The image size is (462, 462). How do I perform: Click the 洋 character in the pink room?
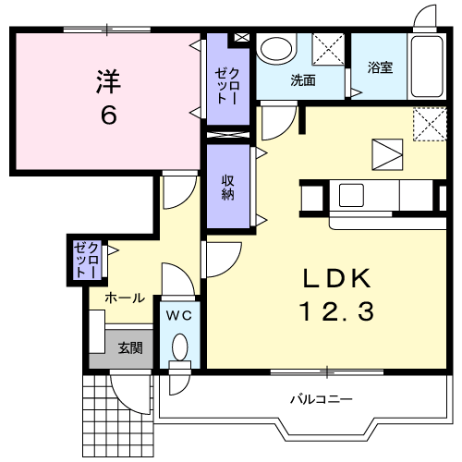107,81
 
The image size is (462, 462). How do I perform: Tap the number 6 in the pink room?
107,115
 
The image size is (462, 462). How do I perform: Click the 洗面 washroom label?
303,80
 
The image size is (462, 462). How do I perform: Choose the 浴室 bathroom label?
381,67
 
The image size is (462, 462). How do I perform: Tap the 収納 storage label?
227,188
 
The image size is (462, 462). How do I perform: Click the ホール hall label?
123,298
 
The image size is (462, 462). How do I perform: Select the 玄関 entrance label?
129,348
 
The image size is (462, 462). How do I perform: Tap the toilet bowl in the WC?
179,348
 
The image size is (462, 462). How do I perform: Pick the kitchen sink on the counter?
352,196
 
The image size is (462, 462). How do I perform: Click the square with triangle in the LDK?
387,151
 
